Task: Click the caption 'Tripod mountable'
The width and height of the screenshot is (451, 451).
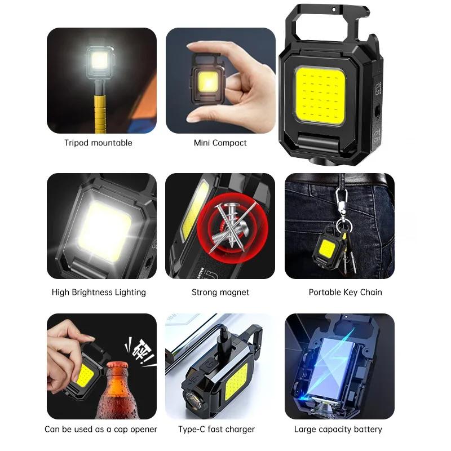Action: [98, 143]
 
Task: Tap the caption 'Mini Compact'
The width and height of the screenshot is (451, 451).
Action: [220, 143]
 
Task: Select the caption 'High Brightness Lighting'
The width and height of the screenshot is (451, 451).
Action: [99, 292]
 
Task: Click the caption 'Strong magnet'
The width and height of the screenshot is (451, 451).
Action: [220, 292]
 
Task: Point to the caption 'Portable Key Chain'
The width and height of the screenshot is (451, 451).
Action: [345, 292]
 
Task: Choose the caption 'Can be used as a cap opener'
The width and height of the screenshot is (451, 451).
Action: [101, 430]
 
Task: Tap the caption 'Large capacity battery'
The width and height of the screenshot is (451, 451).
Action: [338, 430]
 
